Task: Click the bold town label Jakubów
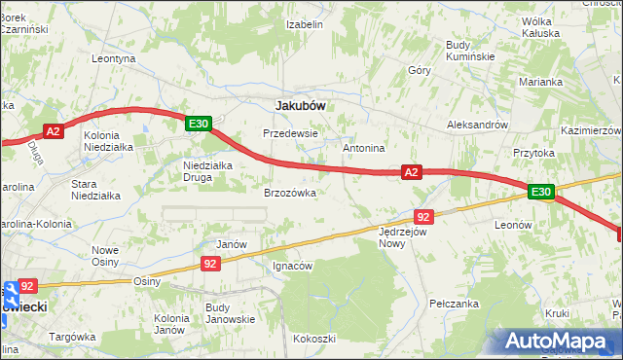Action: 301,105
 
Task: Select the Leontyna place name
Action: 113,58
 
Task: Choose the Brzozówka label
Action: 290,193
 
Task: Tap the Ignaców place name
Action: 292,266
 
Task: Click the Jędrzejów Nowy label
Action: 404,238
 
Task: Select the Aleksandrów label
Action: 477,126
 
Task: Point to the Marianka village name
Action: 540,82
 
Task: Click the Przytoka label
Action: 533,153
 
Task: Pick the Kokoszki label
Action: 313,339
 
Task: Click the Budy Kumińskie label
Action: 471,50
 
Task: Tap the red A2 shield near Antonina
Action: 411,172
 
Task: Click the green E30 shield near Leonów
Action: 541,193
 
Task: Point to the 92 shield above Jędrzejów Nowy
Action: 422,216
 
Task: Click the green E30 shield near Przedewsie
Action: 199,123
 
